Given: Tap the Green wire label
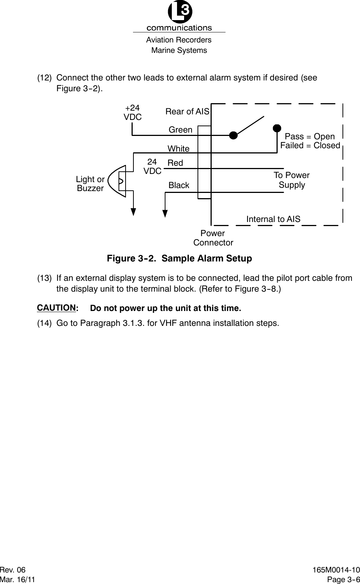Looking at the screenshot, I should click(180, 130).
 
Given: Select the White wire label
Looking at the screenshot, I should click(179, 149).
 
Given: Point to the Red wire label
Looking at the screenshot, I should click(176, 163).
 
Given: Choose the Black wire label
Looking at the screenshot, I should click(179, 185).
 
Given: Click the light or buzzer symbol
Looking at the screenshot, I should click(119, 181).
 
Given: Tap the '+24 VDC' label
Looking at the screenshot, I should click(133, 112).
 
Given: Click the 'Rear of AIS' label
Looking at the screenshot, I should click(187, 111).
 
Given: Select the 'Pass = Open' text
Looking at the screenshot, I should click(310, 136).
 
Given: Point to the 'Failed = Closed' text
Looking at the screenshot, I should click(310, 145).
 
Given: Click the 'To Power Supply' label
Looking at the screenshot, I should click(292, 180).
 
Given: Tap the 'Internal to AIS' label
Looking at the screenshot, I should click(273, 219).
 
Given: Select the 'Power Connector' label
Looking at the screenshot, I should click(213, 238).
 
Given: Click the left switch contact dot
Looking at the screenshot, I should click(233, 135).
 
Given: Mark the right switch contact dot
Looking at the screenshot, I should click(277, 128).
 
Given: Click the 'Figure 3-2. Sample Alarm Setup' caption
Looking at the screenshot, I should click(179, 258).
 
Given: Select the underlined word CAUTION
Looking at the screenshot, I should click(56, 308).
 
